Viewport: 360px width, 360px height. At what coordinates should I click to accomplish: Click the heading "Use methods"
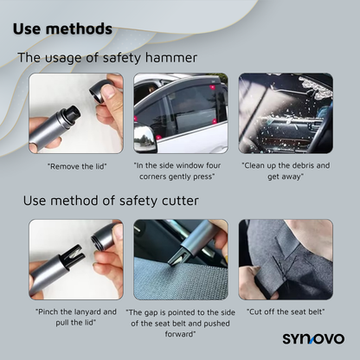point(62,28)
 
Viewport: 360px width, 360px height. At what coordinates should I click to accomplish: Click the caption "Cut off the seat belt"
point(286,311)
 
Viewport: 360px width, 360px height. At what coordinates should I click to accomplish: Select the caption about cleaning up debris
point(286,170)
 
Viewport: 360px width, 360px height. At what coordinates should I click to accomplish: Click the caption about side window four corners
point(180,170)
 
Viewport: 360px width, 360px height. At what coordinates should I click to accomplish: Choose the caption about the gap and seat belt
point(180,323)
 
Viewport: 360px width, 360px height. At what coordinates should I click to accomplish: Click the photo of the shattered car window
point(286,112)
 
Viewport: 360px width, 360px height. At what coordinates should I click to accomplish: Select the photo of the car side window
point(180,112)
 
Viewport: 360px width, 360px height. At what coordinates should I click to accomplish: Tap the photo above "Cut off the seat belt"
point(286,259)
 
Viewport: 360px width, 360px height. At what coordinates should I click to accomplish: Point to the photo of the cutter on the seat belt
point(180,259)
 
